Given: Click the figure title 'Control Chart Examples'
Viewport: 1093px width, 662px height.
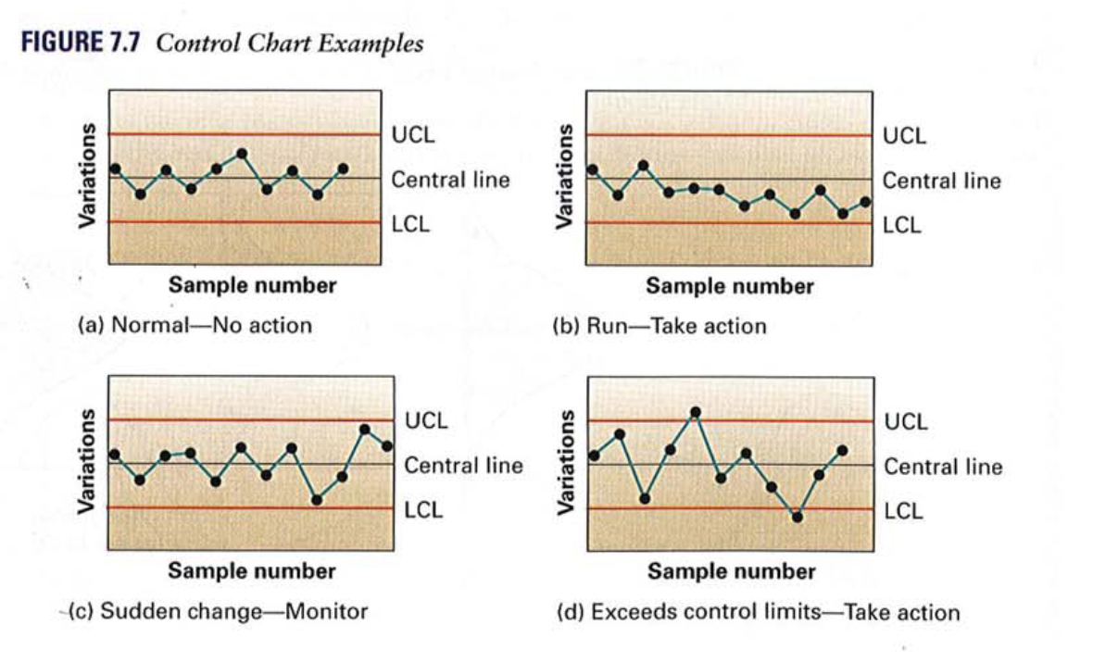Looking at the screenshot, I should pos(290,44).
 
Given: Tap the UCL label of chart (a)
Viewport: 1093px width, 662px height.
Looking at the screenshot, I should pos(412,135).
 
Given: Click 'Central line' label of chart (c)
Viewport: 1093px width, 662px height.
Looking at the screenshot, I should pos(463,466).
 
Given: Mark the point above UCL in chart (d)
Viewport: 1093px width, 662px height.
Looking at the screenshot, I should pos(696,412).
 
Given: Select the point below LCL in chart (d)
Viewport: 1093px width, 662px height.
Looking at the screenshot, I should pos(798,518).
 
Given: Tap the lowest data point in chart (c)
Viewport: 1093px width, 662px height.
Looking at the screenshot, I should pos(317,500).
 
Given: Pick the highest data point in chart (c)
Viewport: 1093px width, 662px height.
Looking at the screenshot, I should pos(365,430).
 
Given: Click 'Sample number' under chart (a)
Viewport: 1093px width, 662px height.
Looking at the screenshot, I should pos(252,285).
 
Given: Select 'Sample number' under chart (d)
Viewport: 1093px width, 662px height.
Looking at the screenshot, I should pos(731,571).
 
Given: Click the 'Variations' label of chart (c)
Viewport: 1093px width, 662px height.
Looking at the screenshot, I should pos(87,462).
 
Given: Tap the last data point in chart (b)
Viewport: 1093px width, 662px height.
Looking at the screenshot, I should pos(866,201).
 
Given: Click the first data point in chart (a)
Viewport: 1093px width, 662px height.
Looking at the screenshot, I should pos(115,169).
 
